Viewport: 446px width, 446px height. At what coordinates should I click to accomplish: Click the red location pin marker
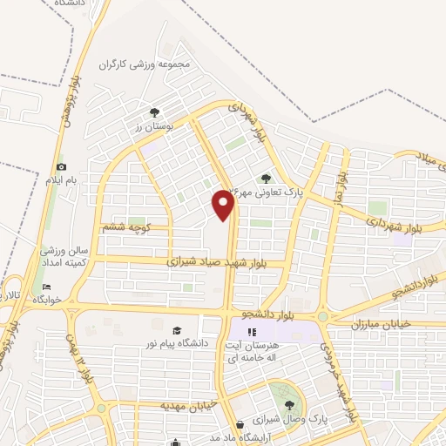tap(223, 205)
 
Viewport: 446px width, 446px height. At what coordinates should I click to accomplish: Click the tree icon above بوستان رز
tap(155, 112)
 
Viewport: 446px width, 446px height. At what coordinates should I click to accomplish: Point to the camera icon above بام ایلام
tap(61, 166)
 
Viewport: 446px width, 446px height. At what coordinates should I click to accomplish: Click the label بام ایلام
tap(62, 180)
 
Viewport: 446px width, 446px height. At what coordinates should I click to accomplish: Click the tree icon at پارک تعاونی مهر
tap(267, 179)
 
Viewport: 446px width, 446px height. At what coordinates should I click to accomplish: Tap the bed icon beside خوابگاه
tap(47, 287)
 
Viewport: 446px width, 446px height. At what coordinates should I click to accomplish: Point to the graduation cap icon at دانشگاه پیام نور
tap(178, 330)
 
